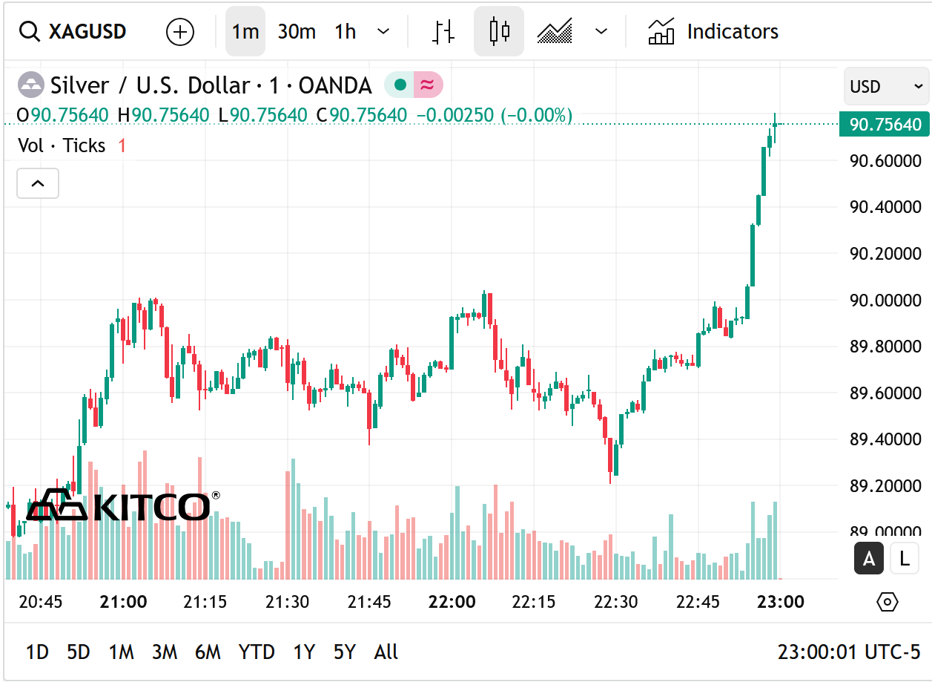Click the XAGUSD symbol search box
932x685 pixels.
click(x=73, y=32)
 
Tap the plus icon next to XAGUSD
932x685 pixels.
click(x=180, y=32)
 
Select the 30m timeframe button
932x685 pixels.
click(x=297, y=32)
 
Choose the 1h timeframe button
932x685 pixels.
click(x=346, y=32)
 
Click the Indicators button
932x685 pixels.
click(x=713, y=32)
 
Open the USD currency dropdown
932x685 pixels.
click(x=886, y=87)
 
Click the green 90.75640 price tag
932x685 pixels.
click(x=885, y=125)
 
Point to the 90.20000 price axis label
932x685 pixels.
click(x=885, y=253)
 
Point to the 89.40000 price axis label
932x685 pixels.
click(x=885, y=439)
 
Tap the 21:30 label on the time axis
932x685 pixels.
click(x=288, y=602)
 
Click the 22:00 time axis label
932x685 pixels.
click(x=452, y=602)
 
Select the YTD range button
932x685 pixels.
click(x=257, y=652)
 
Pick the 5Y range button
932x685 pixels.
click(x=344, y=652)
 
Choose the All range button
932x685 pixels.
click(x=386, y=652)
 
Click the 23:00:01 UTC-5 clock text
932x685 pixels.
click(x=848, y=652)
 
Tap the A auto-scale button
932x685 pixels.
click(x=869, y=559)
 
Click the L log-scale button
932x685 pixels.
click(x=904, y=559)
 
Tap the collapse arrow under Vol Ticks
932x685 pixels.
click(x=38, y=183)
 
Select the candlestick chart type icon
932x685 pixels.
click(x=499, y=32)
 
